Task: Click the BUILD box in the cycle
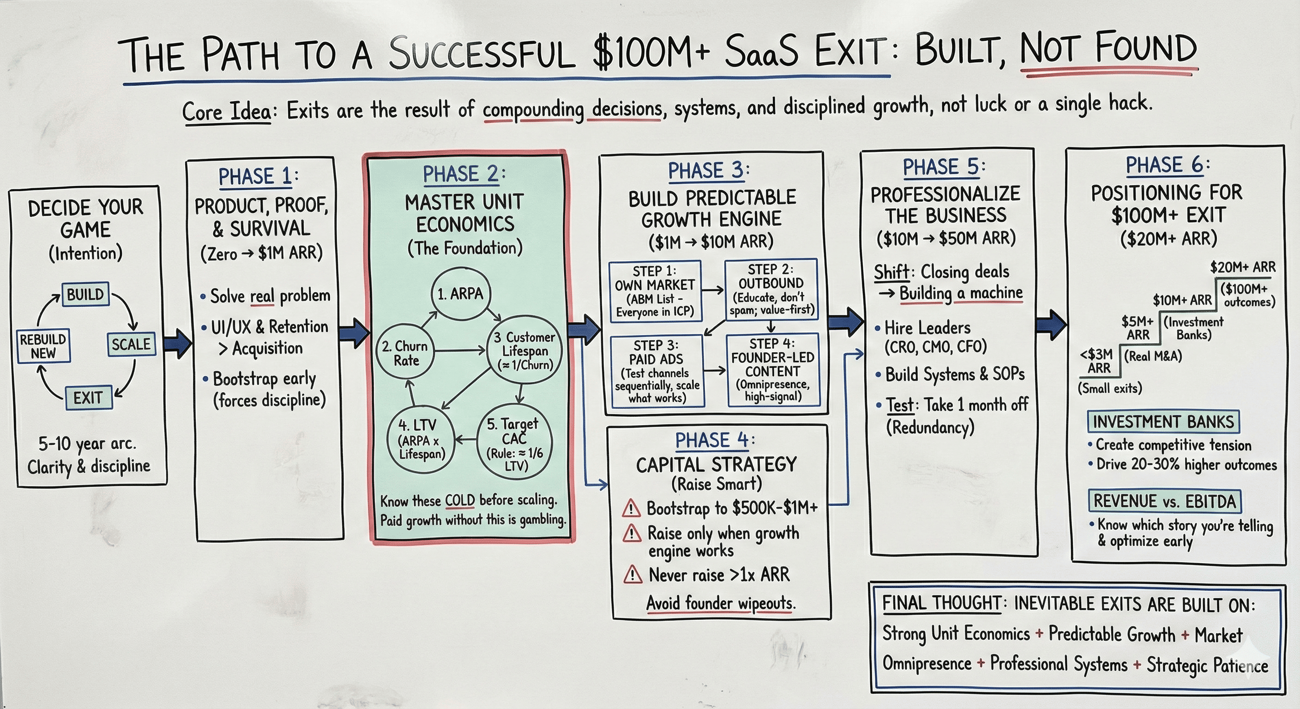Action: pos(85,294)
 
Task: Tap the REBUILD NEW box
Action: pos(43,346)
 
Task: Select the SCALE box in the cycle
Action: pos(131,344)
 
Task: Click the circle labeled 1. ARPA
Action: pos(460,294)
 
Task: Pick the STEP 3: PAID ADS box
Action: pos(656,372)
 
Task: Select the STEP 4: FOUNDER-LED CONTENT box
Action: pos(773,370)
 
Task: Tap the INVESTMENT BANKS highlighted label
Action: pos(1163,421)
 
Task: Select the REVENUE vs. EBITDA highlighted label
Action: pos(1164,501)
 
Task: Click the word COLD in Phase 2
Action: pos(460,500)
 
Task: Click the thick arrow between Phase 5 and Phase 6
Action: pos(1051,324)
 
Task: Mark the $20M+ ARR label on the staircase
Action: pos(1242,266)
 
